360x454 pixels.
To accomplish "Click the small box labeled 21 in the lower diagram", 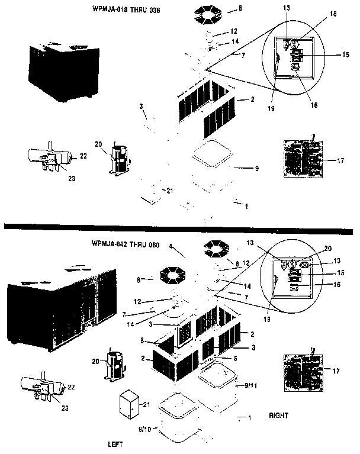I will [x=128, y=405].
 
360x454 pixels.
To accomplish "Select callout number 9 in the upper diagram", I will [x=256, y=169].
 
